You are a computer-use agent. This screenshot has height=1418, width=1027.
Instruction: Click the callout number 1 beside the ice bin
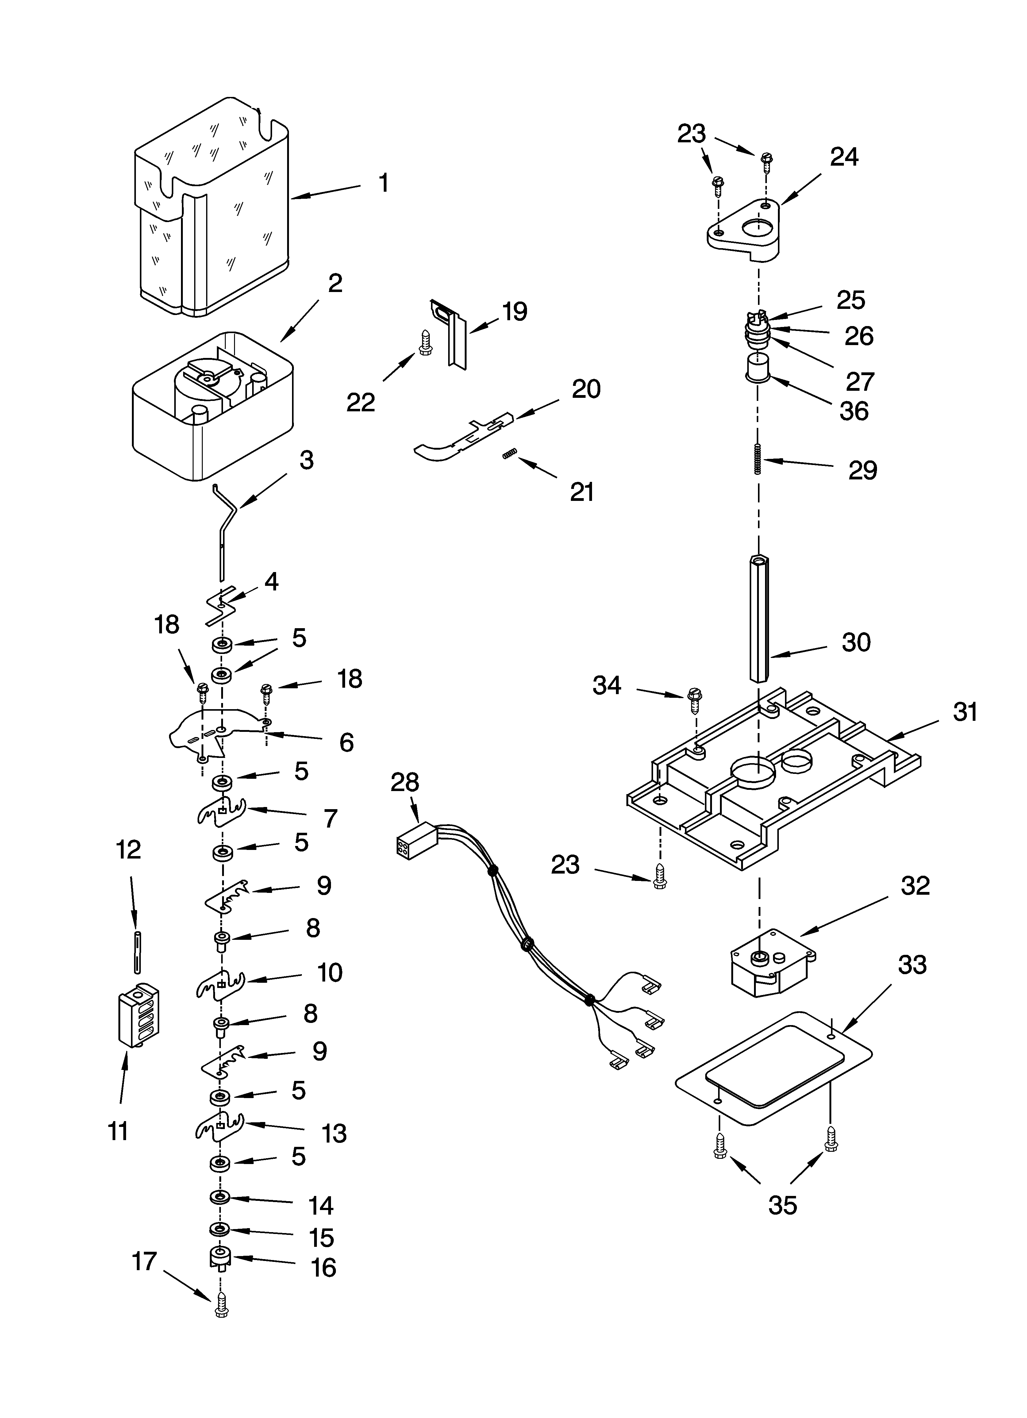tap(383, 183)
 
